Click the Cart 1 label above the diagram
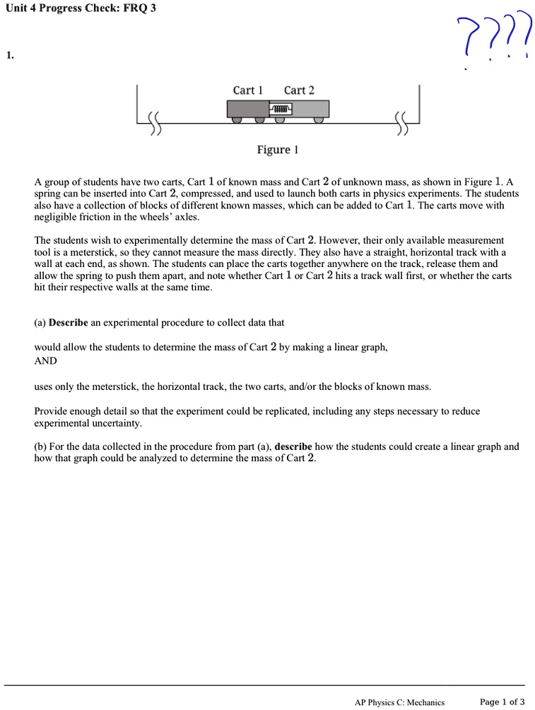pyautogui.click(x=247, y=90)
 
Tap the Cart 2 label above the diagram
pyautogui.click(x=299, y=90)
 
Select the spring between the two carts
pyautogui.click(x=280, y=109)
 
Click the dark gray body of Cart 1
pyautogui.click(x=247, y=109)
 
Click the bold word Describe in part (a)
pyautogui.click(x=69, y=322)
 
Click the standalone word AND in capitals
pyautogui.click(x=46, y=360)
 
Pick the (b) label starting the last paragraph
pyautogui.click(x=40, y=446)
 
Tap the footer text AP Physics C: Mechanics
pyautogui.click(x=399, y=702)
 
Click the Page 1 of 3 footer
pyautogui.click(x=502, y=702)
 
